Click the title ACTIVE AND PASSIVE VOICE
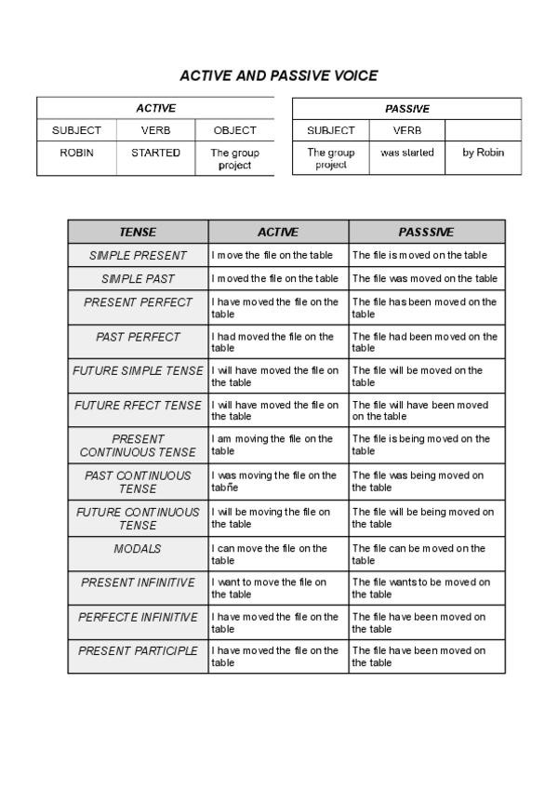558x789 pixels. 278,75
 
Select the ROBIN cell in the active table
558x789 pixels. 76,153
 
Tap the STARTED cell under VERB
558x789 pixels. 155,153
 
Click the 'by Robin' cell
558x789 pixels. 483,153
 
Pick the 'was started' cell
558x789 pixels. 406,153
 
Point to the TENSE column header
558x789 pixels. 138,232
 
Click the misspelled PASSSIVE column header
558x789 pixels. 426,232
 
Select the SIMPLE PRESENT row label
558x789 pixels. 138,255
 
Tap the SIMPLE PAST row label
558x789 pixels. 138,278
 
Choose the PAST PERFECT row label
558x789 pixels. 138,337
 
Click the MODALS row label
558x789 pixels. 138,549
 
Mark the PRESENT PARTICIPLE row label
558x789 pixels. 138,651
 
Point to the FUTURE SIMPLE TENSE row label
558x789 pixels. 138,371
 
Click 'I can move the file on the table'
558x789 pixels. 277,555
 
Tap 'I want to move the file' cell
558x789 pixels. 277,588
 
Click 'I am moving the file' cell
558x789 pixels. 277,445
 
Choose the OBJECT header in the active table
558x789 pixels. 234,130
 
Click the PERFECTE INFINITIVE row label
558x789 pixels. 138,617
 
